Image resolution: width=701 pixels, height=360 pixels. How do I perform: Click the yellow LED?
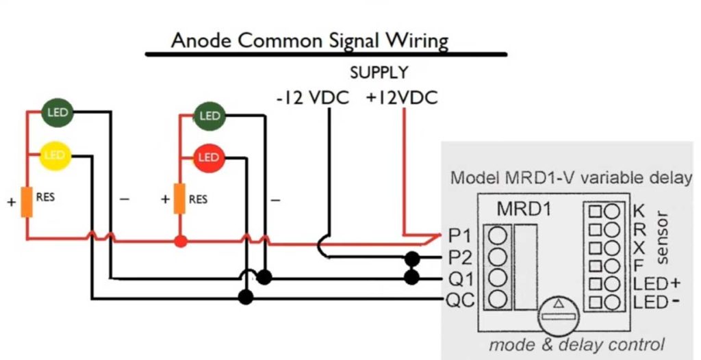[54, 156]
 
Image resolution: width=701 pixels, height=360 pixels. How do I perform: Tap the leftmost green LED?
[58, 112]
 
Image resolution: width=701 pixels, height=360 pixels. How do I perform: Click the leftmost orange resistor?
[27, 201]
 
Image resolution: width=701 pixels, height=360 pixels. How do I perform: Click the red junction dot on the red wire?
[180, 241]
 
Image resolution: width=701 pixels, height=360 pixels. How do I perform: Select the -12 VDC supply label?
[312, 98]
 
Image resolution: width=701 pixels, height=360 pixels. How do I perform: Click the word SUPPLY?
[379, 73]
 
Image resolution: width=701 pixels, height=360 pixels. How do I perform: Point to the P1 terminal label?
[459, 237]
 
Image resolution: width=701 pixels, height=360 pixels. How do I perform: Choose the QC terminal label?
[459, 300]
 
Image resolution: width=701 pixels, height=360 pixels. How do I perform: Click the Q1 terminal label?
[459, 279]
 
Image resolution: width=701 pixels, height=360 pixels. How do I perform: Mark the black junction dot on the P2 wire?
[411, 258]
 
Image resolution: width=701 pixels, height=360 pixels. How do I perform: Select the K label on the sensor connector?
[639, 210]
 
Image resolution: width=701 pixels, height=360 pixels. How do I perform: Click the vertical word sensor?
[663, 237]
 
